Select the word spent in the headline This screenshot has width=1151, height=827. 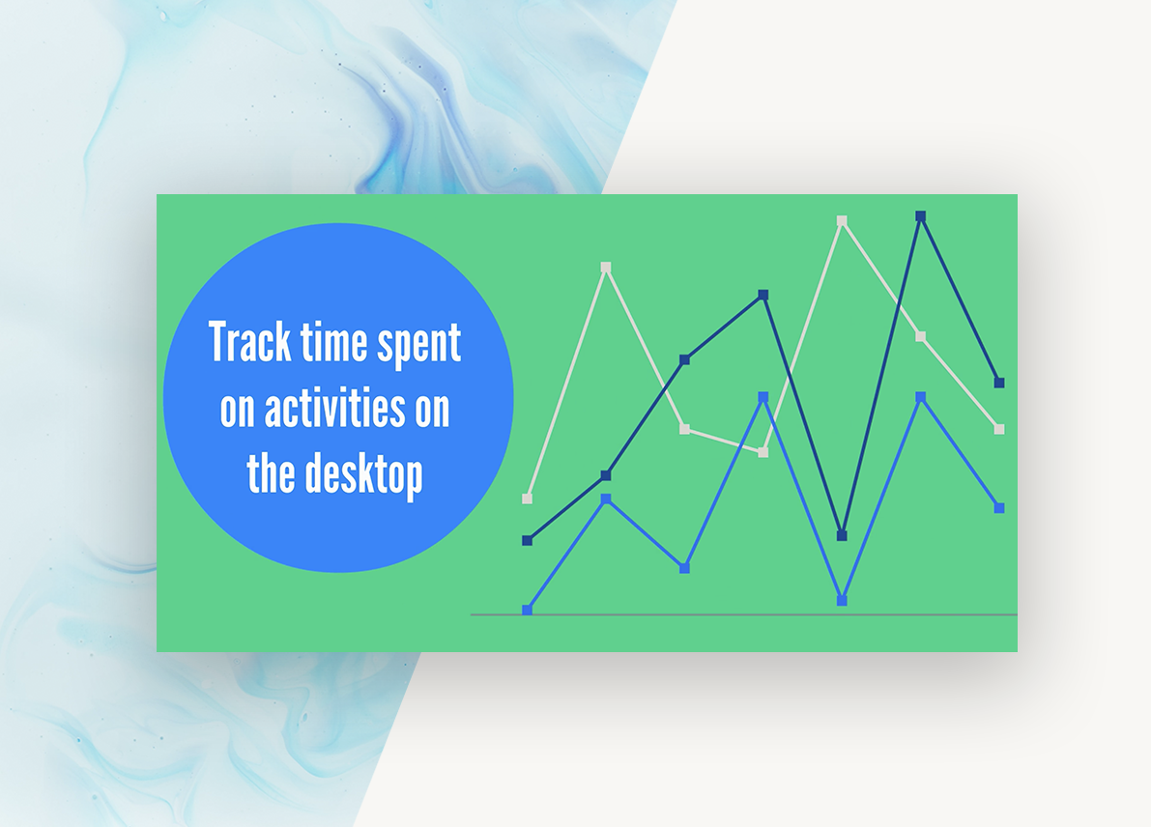coord(422,346)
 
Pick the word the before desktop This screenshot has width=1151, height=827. coord(272,473)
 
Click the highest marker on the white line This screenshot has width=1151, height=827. coord(842,220)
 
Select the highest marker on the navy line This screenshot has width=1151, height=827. coord(921,216)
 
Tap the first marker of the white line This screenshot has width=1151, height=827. coord(527,499)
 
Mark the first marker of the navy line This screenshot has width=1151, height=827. coord(527,540)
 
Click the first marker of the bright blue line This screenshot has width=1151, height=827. coord(527,610)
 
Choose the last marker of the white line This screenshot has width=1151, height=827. coord(999,429)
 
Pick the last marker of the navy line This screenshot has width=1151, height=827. coord(999,383)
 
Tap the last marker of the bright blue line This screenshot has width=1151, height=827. coord(999,507)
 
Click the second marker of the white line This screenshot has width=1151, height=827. coord(606,267)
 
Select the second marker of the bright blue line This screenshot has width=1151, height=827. coord(606,499)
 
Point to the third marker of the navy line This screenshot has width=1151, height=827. coord(684,359)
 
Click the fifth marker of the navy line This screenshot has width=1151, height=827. coord(842,535)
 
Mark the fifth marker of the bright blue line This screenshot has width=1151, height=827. coord(842,600)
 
